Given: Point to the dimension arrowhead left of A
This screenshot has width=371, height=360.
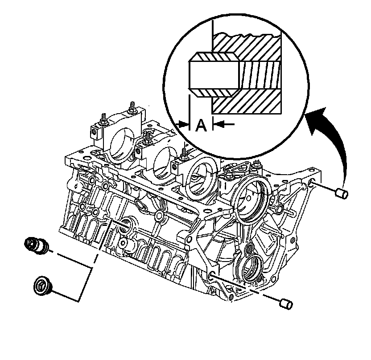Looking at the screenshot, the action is (x=184, y=124).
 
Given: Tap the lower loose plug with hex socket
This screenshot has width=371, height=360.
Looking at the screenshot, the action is (x=43, y=285).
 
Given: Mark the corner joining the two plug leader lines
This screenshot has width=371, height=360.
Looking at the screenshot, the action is (x=91, y=267).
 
